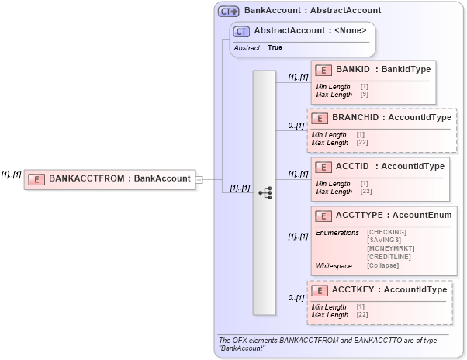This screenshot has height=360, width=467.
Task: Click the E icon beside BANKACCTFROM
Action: coord(36,178)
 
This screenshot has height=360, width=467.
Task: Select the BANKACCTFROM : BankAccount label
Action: coord(119,178)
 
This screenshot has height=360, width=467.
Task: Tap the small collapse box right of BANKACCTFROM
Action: coord(199,179)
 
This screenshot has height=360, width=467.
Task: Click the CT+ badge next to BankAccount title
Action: coord(228,11)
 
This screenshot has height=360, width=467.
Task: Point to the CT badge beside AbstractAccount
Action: coord(241,32)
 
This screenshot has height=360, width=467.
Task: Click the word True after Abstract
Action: coord(275,47)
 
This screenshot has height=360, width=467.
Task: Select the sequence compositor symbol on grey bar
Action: coord(265,192)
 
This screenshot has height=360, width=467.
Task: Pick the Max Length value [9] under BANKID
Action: coord(364,94)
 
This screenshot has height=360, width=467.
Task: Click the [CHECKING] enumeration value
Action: coord(386,232)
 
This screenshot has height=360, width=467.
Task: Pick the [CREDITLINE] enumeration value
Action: coord(389,257)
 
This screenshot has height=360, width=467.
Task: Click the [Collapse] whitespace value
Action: coord(382,265)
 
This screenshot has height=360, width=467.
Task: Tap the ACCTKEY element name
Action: coord(355,289)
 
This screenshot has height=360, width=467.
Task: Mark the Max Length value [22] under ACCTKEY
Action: coord(363,315)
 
